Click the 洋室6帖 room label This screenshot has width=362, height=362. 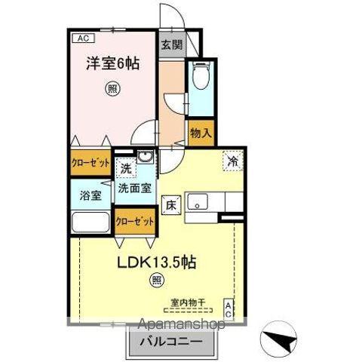pyautogui.click(x=111, y=63)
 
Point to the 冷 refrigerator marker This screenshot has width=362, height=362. pyautogui.click(x=233, y=161)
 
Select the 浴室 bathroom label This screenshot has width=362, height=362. pyautogui.click(x=91, y=195)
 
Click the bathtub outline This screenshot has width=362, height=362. pyautogui.click(x=90, y=224)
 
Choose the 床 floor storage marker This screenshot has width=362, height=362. pyautogui.click(x=170, y=204)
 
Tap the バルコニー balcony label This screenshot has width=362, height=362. pyautogui.click(x=170, y=341)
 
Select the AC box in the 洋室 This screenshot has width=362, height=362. pyautogui.click(x=81, y=37)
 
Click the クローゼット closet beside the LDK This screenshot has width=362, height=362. pyautogui.click(x=136, y=221)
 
